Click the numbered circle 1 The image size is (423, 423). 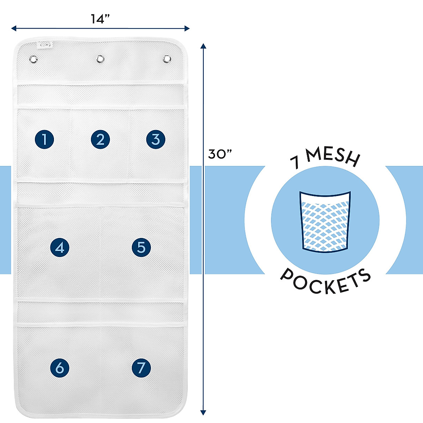click(44, 139)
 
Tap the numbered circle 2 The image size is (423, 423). click(100, 139)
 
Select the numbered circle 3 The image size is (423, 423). click(155, 139)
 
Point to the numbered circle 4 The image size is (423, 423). click(60, 247)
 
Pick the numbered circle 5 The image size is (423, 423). click(141, 247)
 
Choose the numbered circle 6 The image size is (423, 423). click(60, 368)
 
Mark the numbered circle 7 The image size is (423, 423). click(141, 368)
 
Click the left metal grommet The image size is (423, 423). click(33, 59)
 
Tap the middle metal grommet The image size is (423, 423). click(100, 59)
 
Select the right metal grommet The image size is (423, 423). click(167, 59)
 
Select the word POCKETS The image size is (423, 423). click(325, 281)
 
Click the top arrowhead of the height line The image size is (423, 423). click(203, 46)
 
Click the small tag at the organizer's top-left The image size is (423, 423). click(45, 45)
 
